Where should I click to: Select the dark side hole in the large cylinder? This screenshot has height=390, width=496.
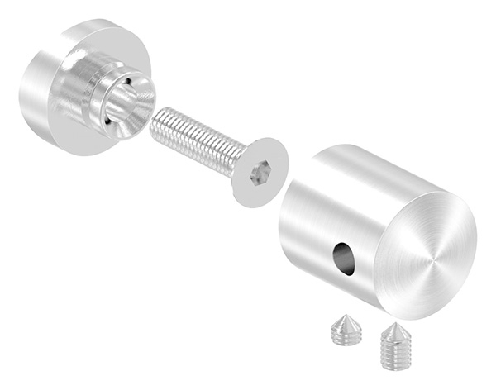[x=343, y=258]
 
